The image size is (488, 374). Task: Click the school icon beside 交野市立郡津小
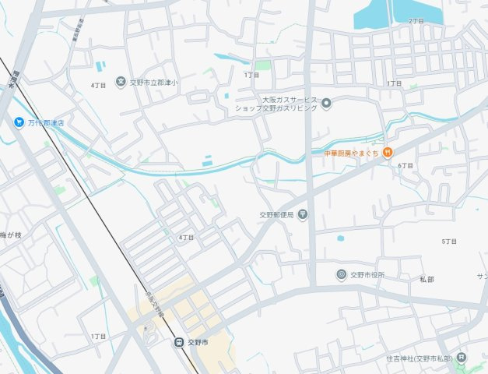coord(121,81)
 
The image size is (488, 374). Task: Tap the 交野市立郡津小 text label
coord(154,81)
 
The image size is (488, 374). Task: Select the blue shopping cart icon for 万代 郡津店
coord(18,122)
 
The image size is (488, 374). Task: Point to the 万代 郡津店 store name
coord(46,122)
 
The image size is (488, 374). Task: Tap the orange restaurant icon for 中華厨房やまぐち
coord(388,151)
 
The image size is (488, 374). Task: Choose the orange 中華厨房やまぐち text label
coord(351,152)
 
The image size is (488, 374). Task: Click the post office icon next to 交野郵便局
coord(302,214)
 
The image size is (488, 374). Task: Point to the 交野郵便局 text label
coord(276,214)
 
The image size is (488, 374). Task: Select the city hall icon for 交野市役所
coord(341,274)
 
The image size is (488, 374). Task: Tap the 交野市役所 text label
coord(367,275)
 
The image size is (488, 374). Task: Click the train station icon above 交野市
coord(178,341)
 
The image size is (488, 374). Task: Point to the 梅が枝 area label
coord(12,235)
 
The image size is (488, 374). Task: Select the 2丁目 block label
coord(416,21)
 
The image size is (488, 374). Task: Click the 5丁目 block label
coord(449,242)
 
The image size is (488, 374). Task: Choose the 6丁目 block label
coord(405,166)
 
